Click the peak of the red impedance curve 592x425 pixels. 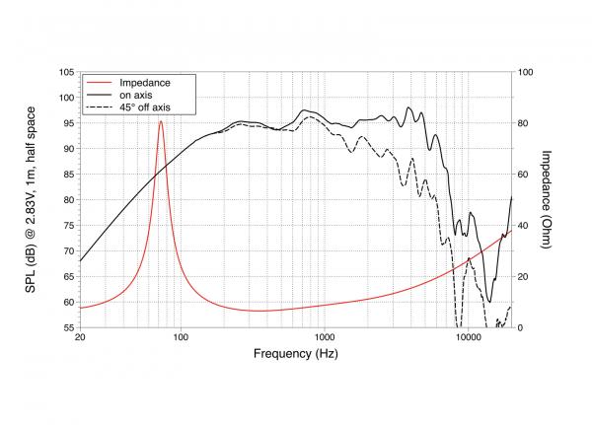(161, 121)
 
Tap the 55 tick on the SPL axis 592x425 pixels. (68, 327)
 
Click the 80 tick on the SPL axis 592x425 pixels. (68, 200)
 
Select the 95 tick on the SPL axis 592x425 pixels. (68, 123)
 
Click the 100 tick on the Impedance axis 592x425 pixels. (527, 72)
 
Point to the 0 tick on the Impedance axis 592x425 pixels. (521, 327)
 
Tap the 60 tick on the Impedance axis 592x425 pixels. (524, 175)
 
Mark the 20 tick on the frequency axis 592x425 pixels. (80, 338)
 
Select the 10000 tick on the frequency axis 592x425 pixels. (467, 338)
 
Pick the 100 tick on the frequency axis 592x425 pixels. (181, 338)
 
